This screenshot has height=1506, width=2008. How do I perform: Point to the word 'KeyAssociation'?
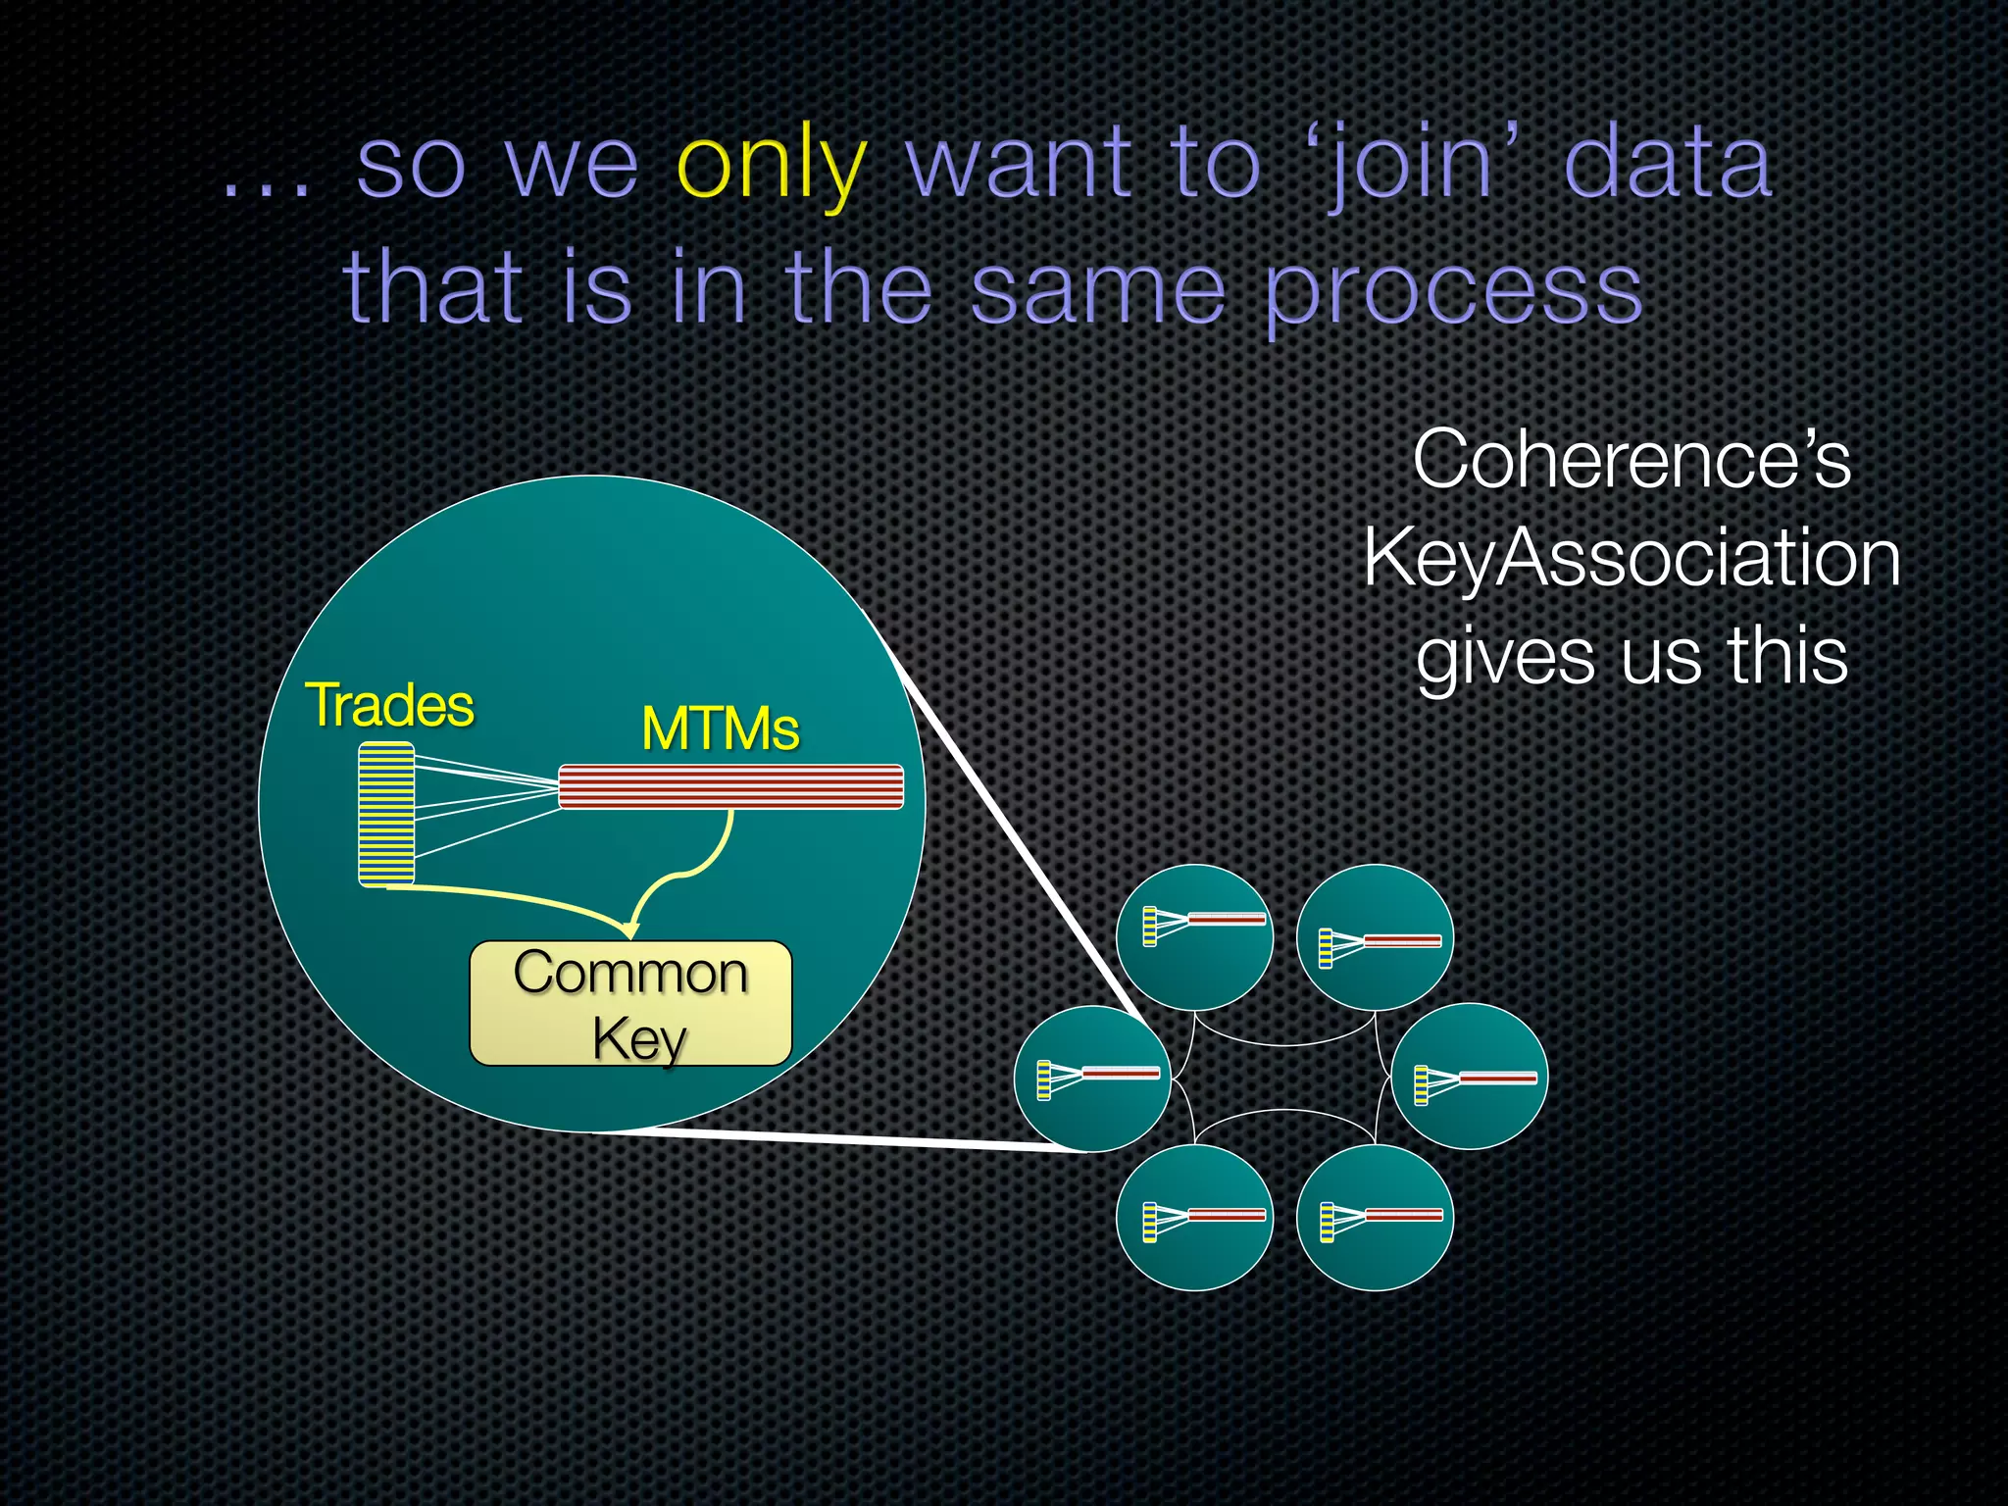point(1631,557)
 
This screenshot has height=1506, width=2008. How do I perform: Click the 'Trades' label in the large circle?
point(389,705)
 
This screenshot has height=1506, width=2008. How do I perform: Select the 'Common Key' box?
point(630,1004)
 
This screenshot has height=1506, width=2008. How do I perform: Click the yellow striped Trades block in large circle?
point(386,815)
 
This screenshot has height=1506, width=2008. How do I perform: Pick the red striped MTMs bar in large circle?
point(730,787)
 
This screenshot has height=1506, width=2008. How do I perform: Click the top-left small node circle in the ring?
point(1194,937)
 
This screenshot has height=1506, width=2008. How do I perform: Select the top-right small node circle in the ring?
point(1375,937)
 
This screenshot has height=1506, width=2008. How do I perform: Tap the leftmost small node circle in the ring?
point(1091,1079)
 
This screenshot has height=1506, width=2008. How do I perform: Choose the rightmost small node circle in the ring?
point(1469,1077)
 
